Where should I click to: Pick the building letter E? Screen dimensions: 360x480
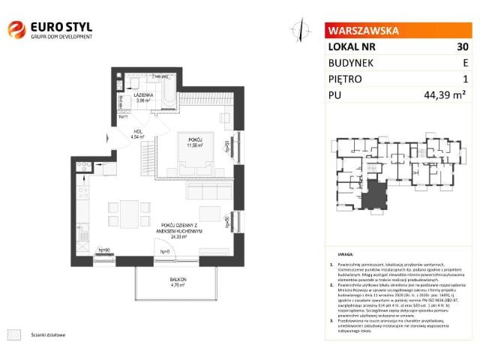pos(465,62)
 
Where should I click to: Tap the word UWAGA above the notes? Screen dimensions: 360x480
pos(345,255)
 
